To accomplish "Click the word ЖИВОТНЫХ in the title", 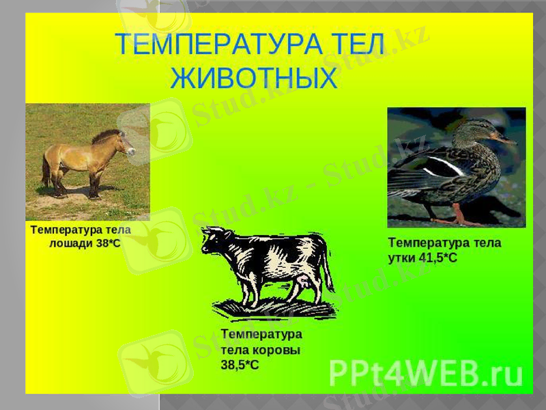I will [254, 78].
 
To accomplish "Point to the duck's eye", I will [487, 130].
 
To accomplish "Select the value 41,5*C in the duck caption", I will [437, 257].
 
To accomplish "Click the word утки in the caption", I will [402, 257].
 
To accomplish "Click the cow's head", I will [216, 243].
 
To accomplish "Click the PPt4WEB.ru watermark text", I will [426, 373].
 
